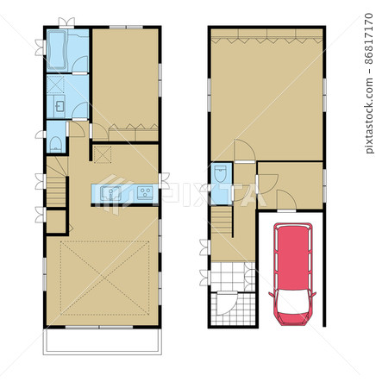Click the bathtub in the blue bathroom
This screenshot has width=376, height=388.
[57, 50]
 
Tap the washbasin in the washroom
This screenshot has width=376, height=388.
[60, 106]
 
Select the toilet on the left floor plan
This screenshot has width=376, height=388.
[55, 144]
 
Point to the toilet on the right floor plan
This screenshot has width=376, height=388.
[221, 173]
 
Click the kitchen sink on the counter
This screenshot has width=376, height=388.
[110, 193]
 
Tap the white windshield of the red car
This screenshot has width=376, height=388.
[291, 302]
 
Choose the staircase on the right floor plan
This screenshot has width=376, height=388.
[222, 221]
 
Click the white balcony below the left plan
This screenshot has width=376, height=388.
[103, 341]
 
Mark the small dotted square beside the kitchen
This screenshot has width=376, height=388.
[103, 154]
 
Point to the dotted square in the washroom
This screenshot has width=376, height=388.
[55, 84]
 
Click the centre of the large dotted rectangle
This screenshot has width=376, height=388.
[105, 278]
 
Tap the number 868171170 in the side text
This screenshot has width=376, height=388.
[369, 39]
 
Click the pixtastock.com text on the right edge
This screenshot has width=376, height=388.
[369, 115]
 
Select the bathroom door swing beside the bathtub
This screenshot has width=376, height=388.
[79, 65]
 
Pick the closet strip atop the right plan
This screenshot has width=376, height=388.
[266, 36]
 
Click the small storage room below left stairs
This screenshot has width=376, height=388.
[56, 222]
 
